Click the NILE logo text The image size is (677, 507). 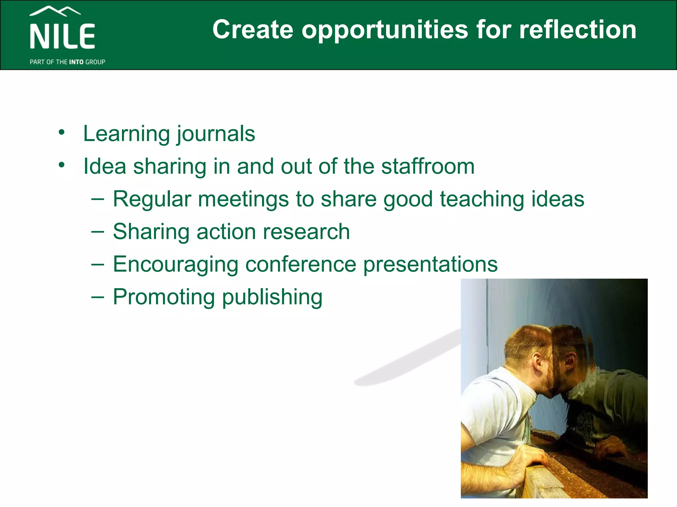click(x=62, y=36)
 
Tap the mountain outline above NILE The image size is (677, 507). click(x=55, y=11)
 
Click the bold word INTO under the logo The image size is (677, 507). click(x=76, y=62)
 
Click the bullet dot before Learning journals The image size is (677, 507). click(x=61, y=133)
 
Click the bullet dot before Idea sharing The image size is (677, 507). click(x=61, y=165)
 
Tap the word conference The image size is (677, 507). click(x=301, y=264)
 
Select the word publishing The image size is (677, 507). click(x=272, y=297)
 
